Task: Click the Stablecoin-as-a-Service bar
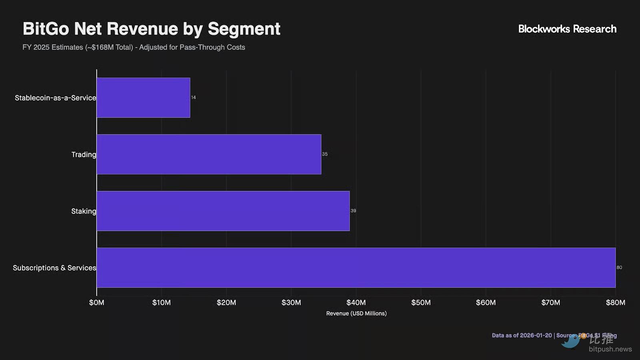click(143, 98)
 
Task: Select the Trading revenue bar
click(209, 154)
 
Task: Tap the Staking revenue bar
click(223, 211)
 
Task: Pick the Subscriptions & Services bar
click(356, 268)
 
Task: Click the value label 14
click(194, 98)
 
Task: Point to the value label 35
click(325, 154)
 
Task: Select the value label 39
click(353, 211)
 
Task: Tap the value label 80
click(619, 268)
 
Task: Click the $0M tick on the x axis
click(97, 303)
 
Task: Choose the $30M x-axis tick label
click(291, 303)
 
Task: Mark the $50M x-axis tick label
click(421, 303)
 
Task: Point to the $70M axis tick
click(551, 303)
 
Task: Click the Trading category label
click(84, 154)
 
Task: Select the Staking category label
click(84, 211)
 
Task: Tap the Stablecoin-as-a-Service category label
click(55, 98)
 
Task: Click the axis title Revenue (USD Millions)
click(356, 314)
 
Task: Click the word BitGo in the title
click(46, 29)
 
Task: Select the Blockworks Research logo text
click(567, 29)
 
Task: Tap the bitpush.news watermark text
click(610, 349)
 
